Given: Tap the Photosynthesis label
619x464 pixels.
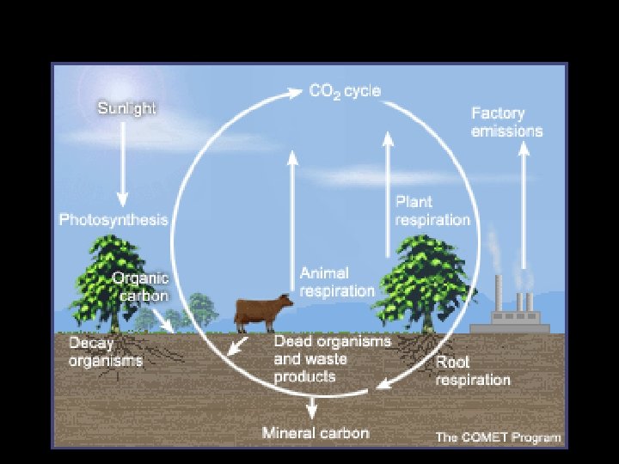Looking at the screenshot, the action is point(113,220).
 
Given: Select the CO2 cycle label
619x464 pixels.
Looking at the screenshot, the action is point(345,91).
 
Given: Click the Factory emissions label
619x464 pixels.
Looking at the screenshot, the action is point(507,122).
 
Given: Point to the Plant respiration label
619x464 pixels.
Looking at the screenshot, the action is point(432,211).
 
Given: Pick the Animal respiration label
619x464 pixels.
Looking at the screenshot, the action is point(337,282).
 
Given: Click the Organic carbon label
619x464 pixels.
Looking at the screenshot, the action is point(140,287).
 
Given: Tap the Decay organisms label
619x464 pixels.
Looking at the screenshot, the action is point(105,352).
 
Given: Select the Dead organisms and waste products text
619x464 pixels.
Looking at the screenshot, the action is point(332,358).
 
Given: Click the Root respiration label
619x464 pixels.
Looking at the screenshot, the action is point(472,371).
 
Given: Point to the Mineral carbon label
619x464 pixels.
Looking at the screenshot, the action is point(316,432).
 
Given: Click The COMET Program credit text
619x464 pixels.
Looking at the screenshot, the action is point(498,437).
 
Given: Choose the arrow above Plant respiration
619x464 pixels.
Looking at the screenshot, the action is point(388,198).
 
